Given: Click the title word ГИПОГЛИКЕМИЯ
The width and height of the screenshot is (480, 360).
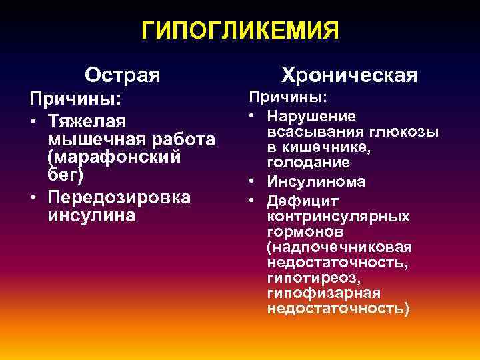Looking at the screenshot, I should click(240, 30).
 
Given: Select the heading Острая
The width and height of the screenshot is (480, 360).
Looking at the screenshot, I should click(123, 73).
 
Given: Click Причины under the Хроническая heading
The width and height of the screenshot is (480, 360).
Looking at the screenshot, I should click(288, 97).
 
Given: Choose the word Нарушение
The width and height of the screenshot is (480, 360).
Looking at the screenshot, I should click(311, 115).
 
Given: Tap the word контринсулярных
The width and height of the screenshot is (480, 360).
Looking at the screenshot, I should click(338, 217).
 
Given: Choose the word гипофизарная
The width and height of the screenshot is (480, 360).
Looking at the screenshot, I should click(323, 293).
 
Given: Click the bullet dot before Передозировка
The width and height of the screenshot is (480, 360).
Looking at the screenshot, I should click(33, 199).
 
